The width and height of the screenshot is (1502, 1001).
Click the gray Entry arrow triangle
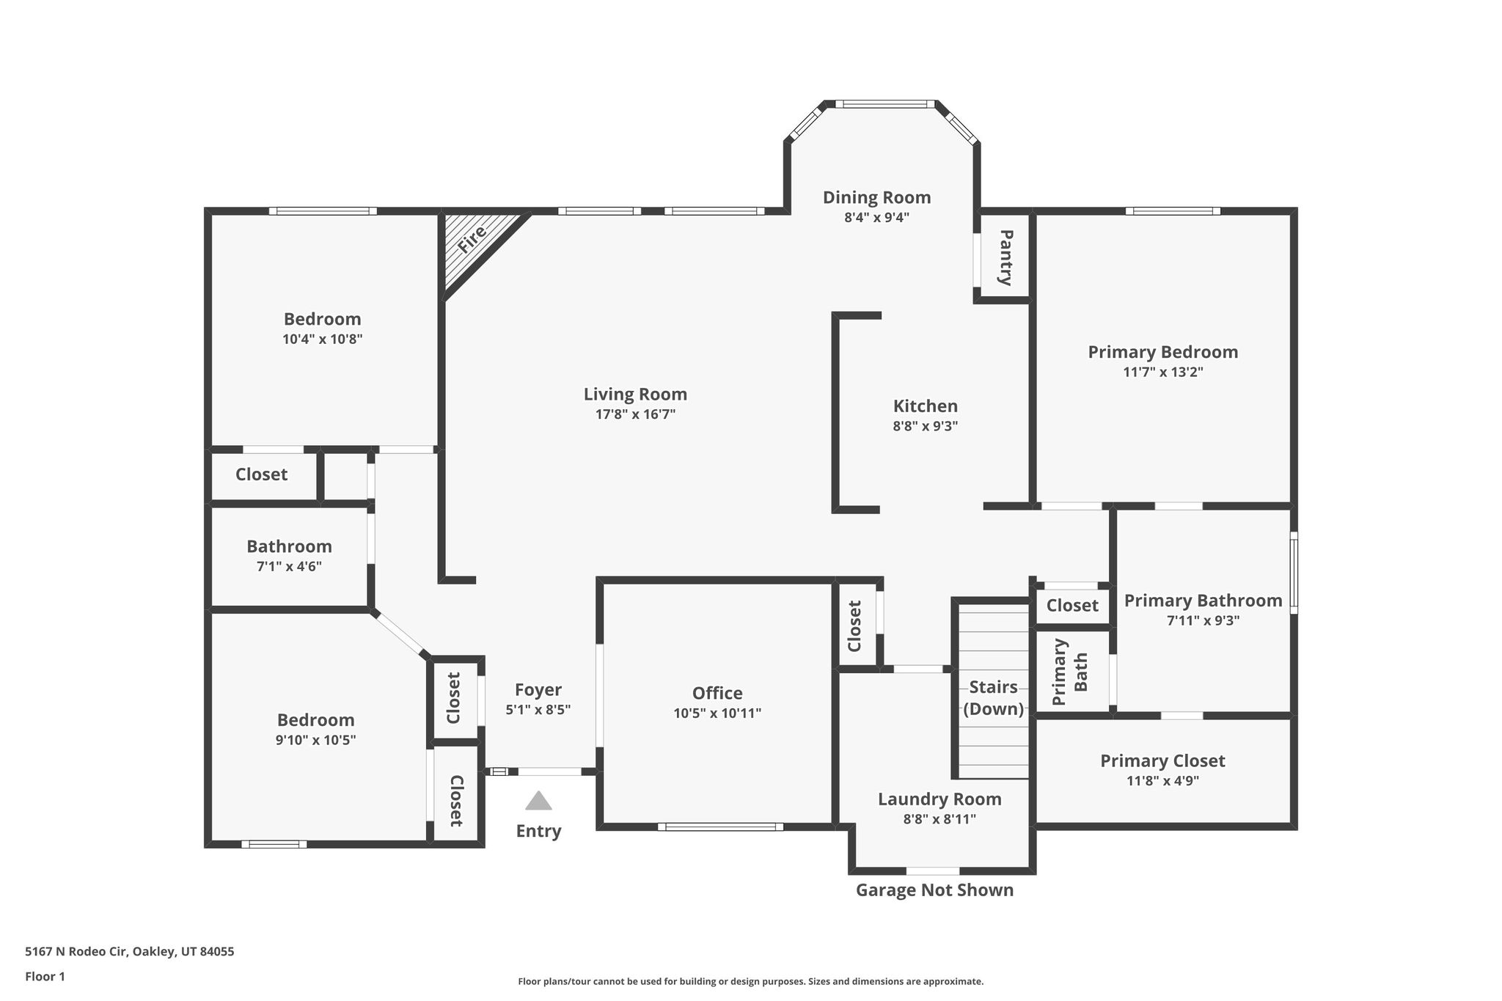pos(538,801)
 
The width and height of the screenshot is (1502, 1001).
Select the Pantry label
pos(1006,257)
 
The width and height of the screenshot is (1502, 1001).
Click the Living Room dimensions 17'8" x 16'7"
pos(635,414)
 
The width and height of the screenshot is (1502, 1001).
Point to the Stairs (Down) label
pos(994,698)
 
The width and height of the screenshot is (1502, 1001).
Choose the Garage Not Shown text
pos(935,890)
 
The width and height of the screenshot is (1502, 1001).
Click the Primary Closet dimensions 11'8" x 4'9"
pos(1162,781)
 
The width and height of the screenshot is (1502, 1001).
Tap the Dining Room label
pos(876,197)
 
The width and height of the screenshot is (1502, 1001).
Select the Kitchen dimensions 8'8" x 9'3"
pos(926,426)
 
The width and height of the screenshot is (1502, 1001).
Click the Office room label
pos(717,693)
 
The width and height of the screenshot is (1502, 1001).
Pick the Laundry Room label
pos(939,799)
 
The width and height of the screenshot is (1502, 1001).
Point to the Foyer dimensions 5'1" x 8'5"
pos(538,710)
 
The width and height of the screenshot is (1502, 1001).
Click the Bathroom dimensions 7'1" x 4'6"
pos(289,567)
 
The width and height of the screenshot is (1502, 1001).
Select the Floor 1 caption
pos(45,977)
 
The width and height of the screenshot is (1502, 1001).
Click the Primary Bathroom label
pos(1204,601)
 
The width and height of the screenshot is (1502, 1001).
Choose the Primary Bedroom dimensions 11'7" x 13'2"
pos(1163,372)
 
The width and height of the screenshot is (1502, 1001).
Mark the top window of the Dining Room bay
pos(885,104)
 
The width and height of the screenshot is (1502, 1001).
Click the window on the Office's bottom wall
pos(720,826)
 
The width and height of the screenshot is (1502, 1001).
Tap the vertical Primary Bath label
pos(1070,672)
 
